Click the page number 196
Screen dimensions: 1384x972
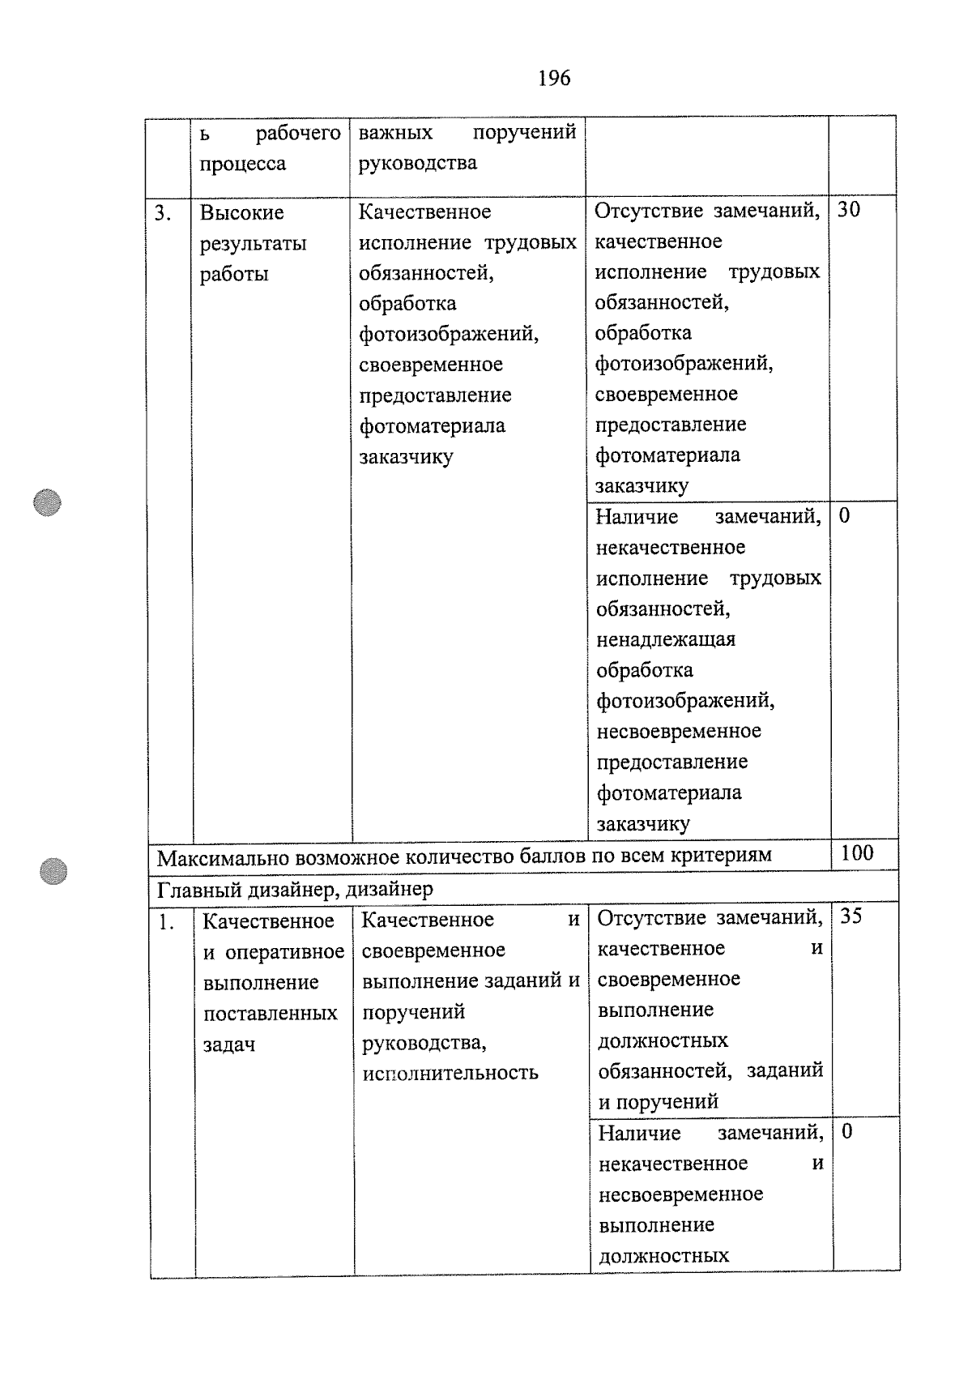point(554,79)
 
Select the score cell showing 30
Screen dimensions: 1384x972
point(849,210)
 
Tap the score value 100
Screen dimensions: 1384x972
point(857,852)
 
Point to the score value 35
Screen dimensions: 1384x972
point(851,916)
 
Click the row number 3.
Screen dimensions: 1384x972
point(163,213)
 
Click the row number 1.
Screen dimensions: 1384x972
point(166,922)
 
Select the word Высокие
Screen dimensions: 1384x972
point(242,213)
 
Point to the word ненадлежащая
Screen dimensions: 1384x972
point(666,639)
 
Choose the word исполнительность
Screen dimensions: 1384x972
point(450,1074)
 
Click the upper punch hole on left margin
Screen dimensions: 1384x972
point(49,503)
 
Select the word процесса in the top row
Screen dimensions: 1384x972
point(243,164)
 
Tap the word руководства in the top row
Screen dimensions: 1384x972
point(418,163)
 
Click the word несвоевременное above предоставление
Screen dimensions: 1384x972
point(679,732)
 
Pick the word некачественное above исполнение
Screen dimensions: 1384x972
point(671,548)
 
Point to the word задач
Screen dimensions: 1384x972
point(229,1045)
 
